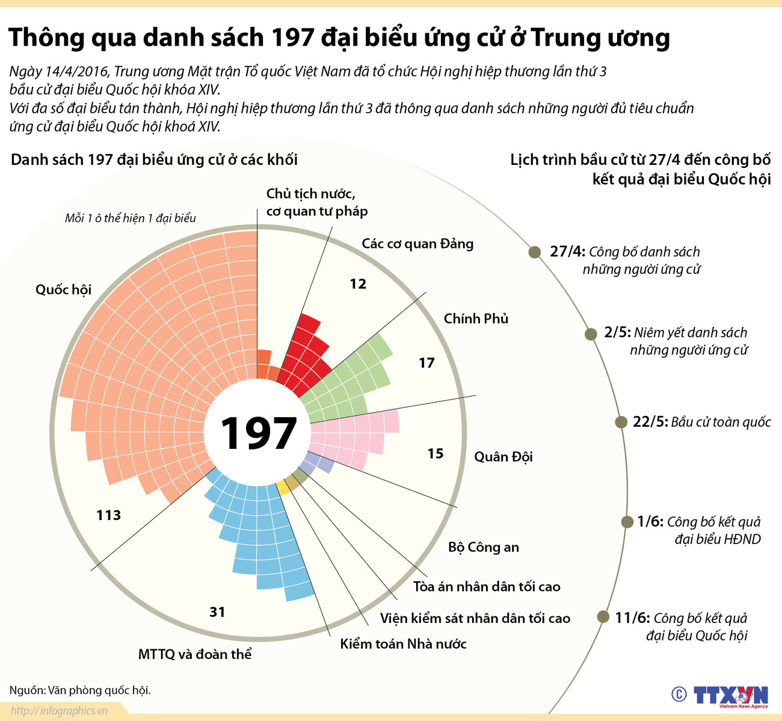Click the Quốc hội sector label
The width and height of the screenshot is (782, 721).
(63, 289)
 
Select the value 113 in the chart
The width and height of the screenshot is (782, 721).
(108, 515)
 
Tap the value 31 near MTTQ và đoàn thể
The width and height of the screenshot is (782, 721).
(217, 612)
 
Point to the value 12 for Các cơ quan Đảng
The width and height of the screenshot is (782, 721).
(358, 284)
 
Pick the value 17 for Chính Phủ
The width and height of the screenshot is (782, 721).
(426, 363)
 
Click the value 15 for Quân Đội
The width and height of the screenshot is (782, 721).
(436, 454)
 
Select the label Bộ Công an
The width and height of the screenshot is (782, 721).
(483, 547)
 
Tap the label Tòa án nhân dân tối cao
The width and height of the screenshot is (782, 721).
(487, 586)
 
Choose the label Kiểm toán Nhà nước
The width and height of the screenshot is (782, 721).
(403, 644)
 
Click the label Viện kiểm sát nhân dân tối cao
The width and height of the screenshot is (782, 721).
(475, 618)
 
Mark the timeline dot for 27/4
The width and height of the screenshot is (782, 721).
(534, 252)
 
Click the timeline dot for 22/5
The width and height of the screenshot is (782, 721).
(621, 422)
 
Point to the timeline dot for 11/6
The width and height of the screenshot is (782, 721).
(603, 617)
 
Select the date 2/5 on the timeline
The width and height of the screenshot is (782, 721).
(617, 333)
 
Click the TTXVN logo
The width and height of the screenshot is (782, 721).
(731, 695)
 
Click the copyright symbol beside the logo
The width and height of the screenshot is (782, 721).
(679, 695)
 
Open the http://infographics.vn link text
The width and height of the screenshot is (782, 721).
(58, 711)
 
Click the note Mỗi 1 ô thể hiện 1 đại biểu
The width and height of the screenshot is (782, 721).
(131, 218)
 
